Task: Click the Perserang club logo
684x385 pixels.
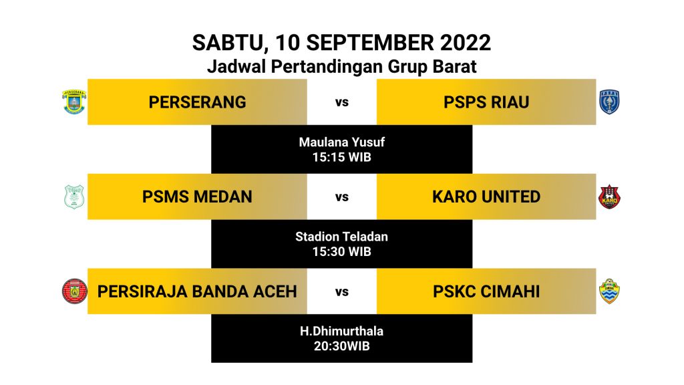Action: pyautogui.click(x=74, y=102)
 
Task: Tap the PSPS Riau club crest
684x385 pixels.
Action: pyautogui.click(x=609, y=102)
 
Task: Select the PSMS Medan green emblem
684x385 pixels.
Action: pyautogui.click(x=74, y=197)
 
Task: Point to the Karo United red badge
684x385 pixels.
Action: pyautogui.click(x=609, y=197)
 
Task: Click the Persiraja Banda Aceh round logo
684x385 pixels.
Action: pyautogui.click(x=75, y=291)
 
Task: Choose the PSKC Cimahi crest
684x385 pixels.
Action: pyautogui.click(x=609, y=291)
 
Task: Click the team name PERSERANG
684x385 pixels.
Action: pyautogui.click(x=197, y=102)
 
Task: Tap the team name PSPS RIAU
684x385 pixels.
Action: pyautogui.click(x=486, y=102)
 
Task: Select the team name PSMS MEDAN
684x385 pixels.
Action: pyautogui.click(x=197, y=197)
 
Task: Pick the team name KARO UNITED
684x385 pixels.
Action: pyautogui.click(x=486, y=197)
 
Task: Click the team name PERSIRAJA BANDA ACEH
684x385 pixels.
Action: pyautogui.click(x=197, y=291)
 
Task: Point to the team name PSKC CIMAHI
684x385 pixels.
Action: pyautogui.click(x=486, y=291)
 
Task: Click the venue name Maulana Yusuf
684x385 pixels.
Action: pyautogui.click(x=342, y=142)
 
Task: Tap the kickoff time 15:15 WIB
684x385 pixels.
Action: pyautogui.click(x=342, y=157)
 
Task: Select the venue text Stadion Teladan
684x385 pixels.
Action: pyautogui.click(x=342, y=237)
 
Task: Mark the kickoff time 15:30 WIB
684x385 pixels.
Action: pyautogui.click(x=342, y=252)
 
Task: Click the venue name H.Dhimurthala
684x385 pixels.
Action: pyautogui.click(x=342, y=331)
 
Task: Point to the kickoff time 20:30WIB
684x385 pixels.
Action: pyautogui.click(x=342, y=346)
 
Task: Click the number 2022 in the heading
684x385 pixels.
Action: pyautogui.click(x=466, y=43)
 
